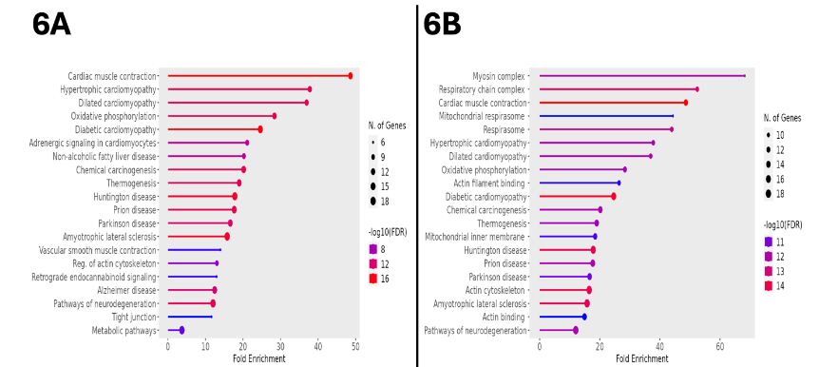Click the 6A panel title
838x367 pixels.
[x=51, y=24]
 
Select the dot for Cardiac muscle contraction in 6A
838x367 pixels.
[x=351, y=75]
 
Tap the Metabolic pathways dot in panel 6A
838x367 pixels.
[x=181, y=330]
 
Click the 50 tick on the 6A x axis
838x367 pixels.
[x=355, y=348]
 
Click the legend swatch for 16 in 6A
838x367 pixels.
[x=374, y=279]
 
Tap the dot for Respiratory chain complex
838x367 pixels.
[x=696, y=89]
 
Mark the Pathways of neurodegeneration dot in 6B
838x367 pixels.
[x=576, y=330]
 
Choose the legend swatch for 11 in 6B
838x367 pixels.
[x=769, y=242]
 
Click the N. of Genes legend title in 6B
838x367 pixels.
[x=781, y=118]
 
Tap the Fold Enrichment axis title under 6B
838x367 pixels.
[x=642, y=359]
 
